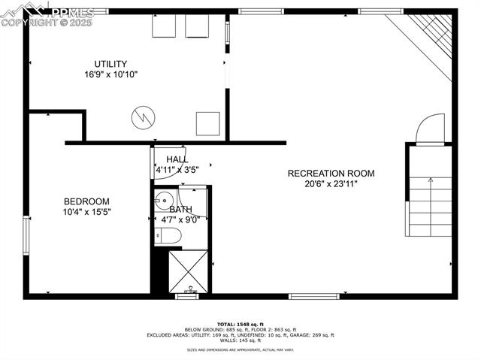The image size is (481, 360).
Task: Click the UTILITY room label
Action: click(x=110, y=64)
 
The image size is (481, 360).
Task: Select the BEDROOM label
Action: click(x=86, y=201)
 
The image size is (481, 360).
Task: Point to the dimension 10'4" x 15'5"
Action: click(x=86, y=213)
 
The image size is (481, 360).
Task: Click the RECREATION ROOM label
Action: click(x=331, y=174)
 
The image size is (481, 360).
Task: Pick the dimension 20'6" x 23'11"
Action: click(x=331, y=184)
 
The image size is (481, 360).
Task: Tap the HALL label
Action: click(x=177, y=159)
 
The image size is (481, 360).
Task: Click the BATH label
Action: click(x=180, y=209)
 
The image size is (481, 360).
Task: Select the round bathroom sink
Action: click(x=162, y=201)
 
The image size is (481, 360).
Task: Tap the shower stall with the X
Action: click(x=188, y=271)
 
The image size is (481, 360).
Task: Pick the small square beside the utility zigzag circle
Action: click(x=207, y=123)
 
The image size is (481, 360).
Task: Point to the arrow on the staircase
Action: click(x=430, y=181)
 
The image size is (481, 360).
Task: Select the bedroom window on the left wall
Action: click(x=26, y=237)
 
